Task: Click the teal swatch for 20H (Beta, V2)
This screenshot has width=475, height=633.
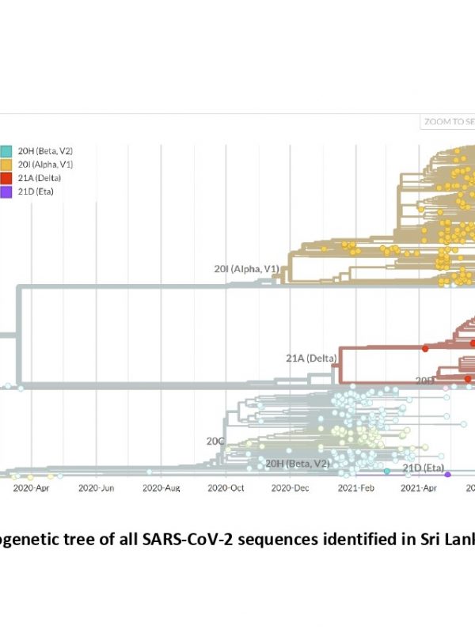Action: pyautogui.click(x=6, y=150)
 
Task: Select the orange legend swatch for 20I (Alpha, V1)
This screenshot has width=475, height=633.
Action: pyautogui.click(x=6, y=164)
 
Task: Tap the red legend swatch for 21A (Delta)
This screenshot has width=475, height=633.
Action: pyautogui.click(x=6, y=177)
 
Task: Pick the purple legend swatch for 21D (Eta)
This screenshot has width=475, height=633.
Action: pyautogui.click(x=6, y=191)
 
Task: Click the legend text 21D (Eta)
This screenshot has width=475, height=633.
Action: pyautogui.click(x=35, y=191)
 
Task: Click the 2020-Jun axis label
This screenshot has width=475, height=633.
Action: pyautogui.click(x=97, y=488)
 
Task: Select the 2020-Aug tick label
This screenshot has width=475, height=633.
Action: pyautogui.click(x=161, y=488)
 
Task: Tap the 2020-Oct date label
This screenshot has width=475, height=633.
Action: pyautogui.click(x=226, y=488)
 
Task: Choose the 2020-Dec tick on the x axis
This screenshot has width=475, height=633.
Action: pyautogui.click(x=290, y=488)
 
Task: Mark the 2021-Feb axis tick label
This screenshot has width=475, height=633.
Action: pyautogui.click(x=355, y=488)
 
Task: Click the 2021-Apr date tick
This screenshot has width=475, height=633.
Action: pyautogui.click(x=419, y=488)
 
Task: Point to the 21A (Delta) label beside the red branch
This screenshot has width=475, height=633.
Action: pyautogui.click(x=311, y=358)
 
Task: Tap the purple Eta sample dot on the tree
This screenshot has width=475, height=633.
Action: pyautogui.click(x=448, y=474)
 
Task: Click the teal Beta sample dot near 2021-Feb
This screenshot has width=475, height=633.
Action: pyautogui.click(x=387, y=471)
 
